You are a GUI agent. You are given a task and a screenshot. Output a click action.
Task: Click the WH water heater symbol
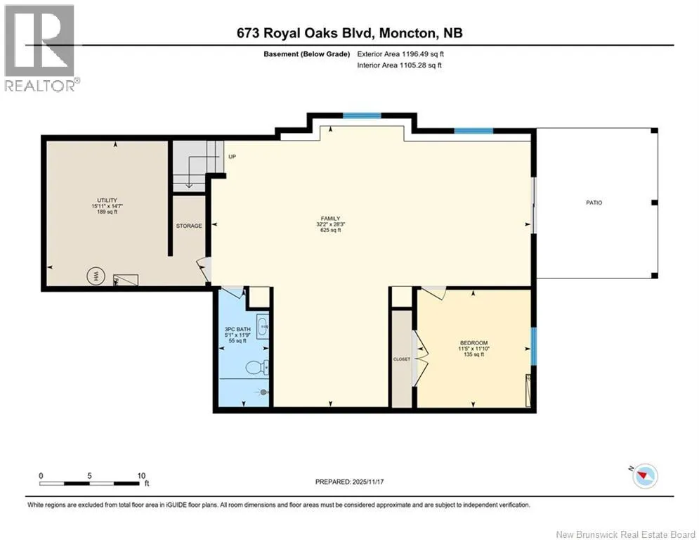point(96,276)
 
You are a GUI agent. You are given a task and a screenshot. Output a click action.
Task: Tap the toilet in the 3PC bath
point(256,368)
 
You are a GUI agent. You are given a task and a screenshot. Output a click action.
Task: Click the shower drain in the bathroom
point(263,392)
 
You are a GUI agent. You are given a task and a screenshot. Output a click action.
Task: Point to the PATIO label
point(594,202)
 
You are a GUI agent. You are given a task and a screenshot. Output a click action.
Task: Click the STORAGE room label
point(188,226)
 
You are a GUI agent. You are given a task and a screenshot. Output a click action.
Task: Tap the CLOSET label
point(401,359)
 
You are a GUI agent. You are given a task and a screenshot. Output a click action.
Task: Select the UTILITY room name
point(107,200)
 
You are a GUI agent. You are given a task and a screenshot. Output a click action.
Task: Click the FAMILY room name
point(330,219)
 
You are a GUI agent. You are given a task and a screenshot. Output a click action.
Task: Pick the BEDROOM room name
point(474,342)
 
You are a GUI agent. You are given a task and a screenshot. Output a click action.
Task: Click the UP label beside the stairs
point(233,157)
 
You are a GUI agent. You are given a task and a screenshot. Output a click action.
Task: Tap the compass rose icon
point(645,476)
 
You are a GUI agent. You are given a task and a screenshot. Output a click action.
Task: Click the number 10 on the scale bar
point(141,476)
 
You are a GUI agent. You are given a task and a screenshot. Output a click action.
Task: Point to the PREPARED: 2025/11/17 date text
point(350,482)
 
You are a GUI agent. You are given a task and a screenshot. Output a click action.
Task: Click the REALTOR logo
point(40,49)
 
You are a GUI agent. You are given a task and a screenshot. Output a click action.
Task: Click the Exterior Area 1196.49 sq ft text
point(400,54)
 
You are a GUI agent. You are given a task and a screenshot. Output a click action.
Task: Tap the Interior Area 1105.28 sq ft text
point(400,65)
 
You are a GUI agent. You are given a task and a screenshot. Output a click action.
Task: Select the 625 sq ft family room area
point(330,231)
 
